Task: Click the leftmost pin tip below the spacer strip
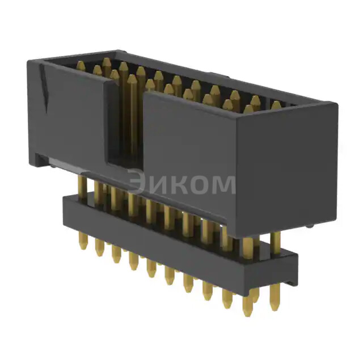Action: click(x=83, y=244)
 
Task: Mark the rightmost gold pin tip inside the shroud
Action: click(x=276, y=105)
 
